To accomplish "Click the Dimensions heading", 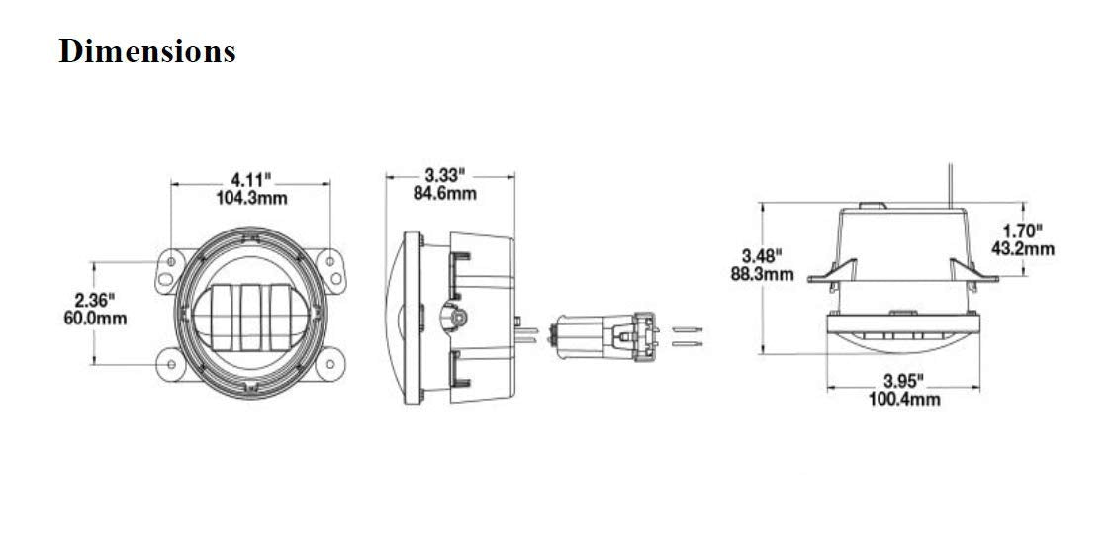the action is [x=146, y=51].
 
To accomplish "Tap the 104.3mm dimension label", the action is [x=251, y=198].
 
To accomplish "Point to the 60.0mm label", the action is [x=95, y=319].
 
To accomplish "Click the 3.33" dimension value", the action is [x=444, y=173].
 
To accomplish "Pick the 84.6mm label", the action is [x=445, y=192].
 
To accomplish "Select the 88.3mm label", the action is [x=763, y=273].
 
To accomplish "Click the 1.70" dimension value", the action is [x=1022, y=231].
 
